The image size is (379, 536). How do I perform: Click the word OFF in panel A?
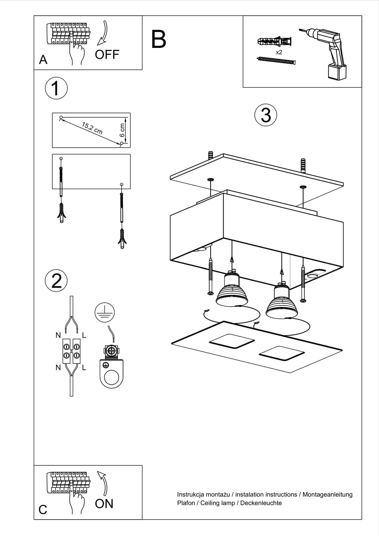[x=107, y=54]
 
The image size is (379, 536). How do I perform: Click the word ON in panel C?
[x=104, y=504]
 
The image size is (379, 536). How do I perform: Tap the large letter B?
[x=159, y=40]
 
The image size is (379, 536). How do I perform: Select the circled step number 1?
[x=56, y=88]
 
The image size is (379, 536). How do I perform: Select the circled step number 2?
[x=56, y=280]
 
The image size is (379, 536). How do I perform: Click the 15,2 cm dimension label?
[x=92, y=128]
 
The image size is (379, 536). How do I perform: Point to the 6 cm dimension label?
[x=122, y=130]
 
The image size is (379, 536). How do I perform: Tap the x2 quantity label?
[x=279, y=52]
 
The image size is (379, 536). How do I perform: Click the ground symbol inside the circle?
[x=105, y=312]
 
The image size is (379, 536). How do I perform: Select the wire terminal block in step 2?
[x=71, y=351]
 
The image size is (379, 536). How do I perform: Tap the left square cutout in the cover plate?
[x=232, y=340]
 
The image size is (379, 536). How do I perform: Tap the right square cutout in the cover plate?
[x=282, y=353]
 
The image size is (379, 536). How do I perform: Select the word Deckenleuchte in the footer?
[x=261, y=503]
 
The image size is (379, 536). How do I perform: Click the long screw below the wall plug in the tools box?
[x=276, y=61]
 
